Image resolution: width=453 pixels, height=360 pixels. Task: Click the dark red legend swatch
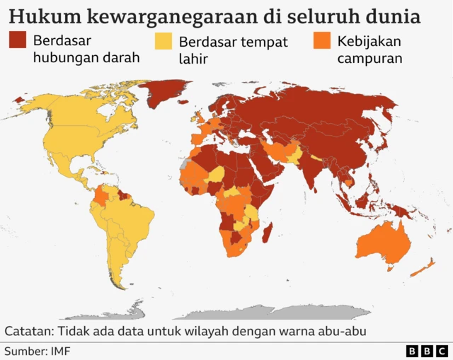tap(18, 41)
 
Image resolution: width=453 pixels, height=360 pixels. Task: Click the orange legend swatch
tap(321, 41)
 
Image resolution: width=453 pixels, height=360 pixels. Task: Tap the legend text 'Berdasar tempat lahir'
tap(233, 50)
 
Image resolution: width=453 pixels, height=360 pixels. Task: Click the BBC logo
tap(427, 351)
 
